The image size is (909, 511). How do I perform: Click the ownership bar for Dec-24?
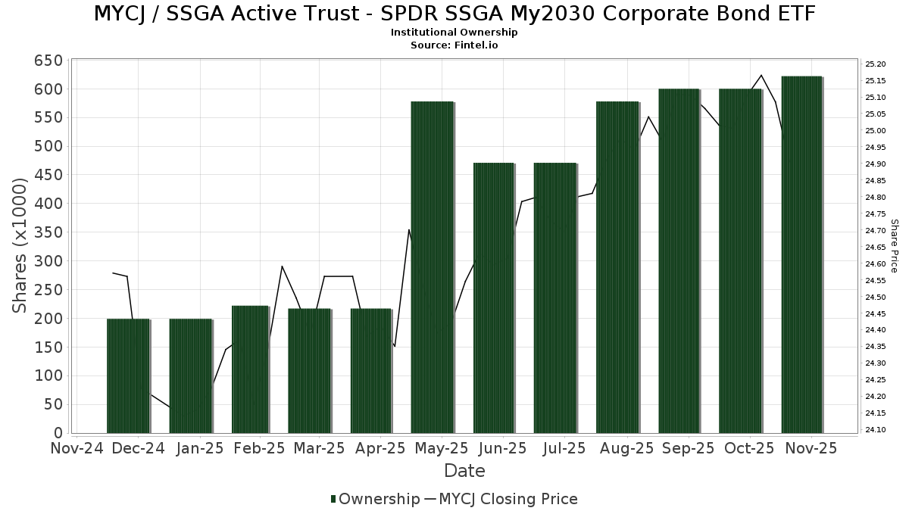tap(128, 375)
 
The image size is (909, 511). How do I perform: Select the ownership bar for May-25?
tap(432, 266)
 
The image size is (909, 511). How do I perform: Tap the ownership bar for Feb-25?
tap(250, 369)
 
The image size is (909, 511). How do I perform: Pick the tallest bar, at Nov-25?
tap(801, 254)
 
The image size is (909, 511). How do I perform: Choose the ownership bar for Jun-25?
tap(494, 298)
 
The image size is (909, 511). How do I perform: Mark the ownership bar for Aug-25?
tap(617, 266)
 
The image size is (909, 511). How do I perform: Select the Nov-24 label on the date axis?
tap(77, 448)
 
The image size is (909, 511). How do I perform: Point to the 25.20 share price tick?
tap(876, 64)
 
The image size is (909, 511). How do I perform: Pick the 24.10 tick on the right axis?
tap(876, 430)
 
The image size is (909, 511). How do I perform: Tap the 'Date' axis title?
tap(464, 471)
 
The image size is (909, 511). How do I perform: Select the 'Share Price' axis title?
tap(894, 246)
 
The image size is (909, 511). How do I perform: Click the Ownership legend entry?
tap(375, 499)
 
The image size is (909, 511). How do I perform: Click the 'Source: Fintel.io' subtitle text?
tap(454, 45)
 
